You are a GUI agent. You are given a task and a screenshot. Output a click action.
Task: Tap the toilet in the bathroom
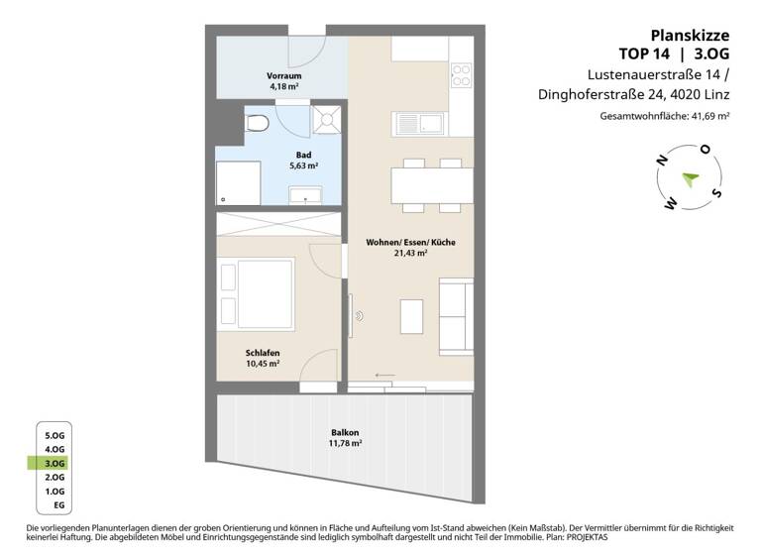pos(258,123)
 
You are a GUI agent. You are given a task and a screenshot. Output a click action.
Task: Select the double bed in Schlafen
pos(262,288)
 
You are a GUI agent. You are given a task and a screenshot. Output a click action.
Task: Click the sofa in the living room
pos(455,314)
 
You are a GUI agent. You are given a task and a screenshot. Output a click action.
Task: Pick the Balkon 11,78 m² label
pos(345,438)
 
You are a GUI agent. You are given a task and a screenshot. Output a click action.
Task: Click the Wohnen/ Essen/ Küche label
pos(396,248)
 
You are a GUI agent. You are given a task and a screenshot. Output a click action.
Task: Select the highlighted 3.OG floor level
pos(54,463)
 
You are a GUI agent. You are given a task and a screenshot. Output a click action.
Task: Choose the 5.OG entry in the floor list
pos(54,435)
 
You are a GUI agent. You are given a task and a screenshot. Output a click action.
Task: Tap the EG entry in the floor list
pos(56,505)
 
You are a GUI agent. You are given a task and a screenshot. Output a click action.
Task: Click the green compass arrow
pos(690,178)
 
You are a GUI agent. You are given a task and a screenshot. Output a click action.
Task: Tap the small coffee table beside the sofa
pos(411,316)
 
